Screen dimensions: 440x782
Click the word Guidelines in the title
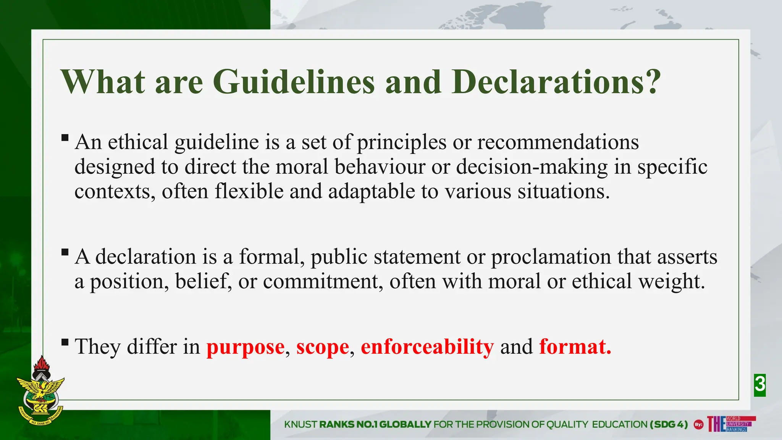point(293,82)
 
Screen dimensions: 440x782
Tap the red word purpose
point(245,347)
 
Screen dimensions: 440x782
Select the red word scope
point(323,347)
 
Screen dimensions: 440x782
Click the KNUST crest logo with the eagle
point(40,393)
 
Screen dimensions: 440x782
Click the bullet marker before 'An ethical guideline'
point(65,137)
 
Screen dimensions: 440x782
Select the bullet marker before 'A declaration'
point(65,252)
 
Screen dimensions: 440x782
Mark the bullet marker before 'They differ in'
point(65,342)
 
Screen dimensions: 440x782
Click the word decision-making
point(532,167)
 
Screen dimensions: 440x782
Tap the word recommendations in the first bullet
point(557,142)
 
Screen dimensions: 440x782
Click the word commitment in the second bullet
point(323,281)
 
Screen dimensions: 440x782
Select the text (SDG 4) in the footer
point(669,424)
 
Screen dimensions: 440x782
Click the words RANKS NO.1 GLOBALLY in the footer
point(375,424)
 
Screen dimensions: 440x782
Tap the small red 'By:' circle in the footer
point(698,424)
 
